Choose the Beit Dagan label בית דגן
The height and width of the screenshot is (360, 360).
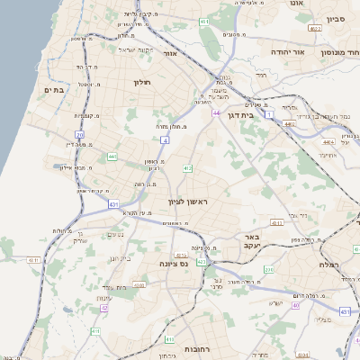tap(263, 114)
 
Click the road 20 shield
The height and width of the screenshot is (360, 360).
tap(79, 135)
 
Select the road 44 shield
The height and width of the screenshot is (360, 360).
tap(218, 112)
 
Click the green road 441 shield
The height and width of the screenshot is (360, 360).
tap(112, 157)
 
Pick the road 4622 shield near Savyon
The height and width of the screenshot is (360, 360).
tap(315, 30)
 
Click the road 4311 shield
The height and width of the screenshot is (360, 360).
tap(34, 260)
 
